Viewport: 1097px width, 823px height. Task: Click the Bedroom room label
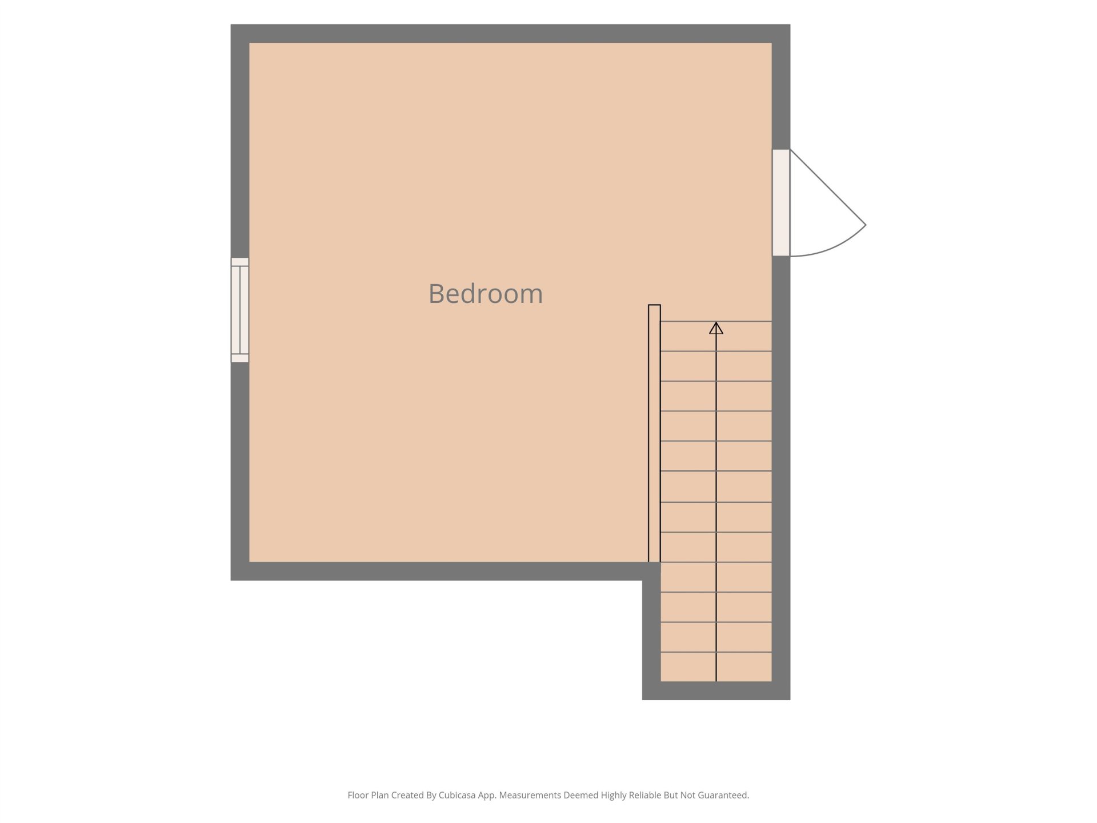point(486,294)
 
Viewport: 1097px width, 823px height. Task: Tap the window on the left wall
point(240,310)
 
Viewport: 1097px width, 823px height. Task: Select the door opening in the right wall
point(781,202)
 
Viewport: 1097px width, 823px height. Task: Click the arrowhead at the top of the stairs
point(716,328)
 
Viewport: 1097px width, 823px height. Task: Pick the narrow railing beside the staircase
point(654,433)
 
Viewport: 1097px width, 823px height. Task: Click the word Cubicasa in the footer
point(457,795)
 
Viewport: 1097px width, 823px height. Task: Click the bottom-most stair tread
point(716,667)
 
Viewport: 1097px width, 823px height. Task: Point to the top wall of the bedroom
point(510,33)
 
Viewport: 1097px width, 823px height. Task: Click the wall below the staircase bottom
point(716,690)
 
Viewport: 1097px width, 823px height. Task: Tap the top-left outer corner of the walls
point(231,24)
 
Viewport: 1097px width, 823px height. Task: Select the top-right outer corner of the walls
point(790,24)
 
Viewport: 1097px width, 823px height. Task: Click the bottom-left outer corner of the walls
point(231,580)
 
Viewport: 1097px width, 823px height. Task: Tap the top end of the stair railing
point(654,305)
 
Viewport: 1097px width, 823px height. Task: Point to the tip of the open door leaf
point(866,225)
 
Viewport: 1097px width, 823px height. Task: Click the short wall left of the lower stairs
point(651,631)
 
